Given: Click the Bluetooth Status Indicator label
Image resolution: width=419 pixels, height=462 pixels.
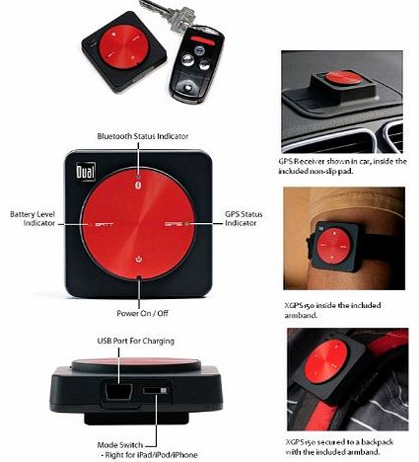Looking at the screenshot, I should point(142,134).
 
